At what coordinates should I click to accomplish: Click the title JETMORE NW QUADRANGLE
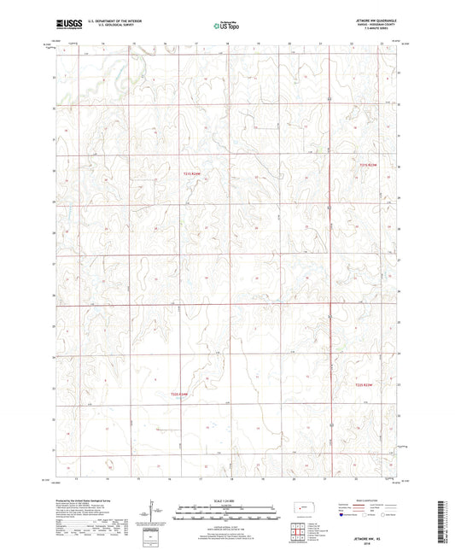tap(376, 22)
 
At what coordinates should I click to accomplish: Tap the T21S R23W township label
tap(367, 166)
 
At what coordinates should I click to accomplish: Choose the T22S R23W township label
tap(365, 386)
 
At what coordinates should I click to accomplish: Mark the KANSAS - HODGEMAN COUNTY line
tap(376, 27)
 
